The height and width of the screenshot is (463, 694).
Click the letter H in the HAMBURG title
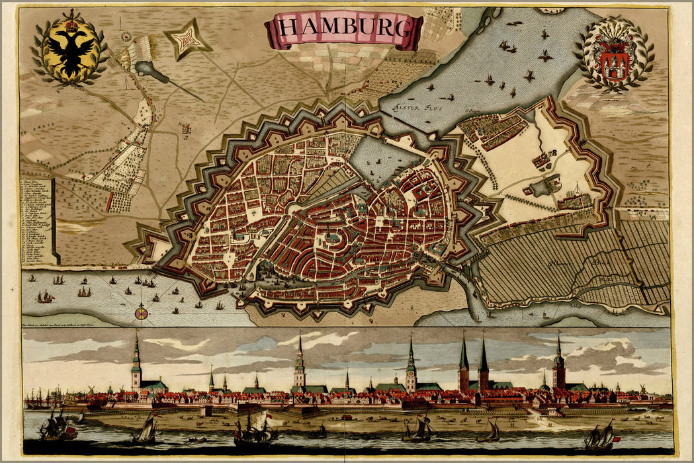287,28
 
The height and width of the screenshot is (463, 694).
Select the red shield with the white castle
615,64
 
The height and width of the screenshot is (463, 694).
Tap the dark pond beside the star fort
153,72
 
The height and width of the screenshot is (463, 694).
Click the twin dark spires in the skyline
474,367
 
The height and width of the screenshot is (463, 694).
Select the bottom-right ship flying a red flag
600,437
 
